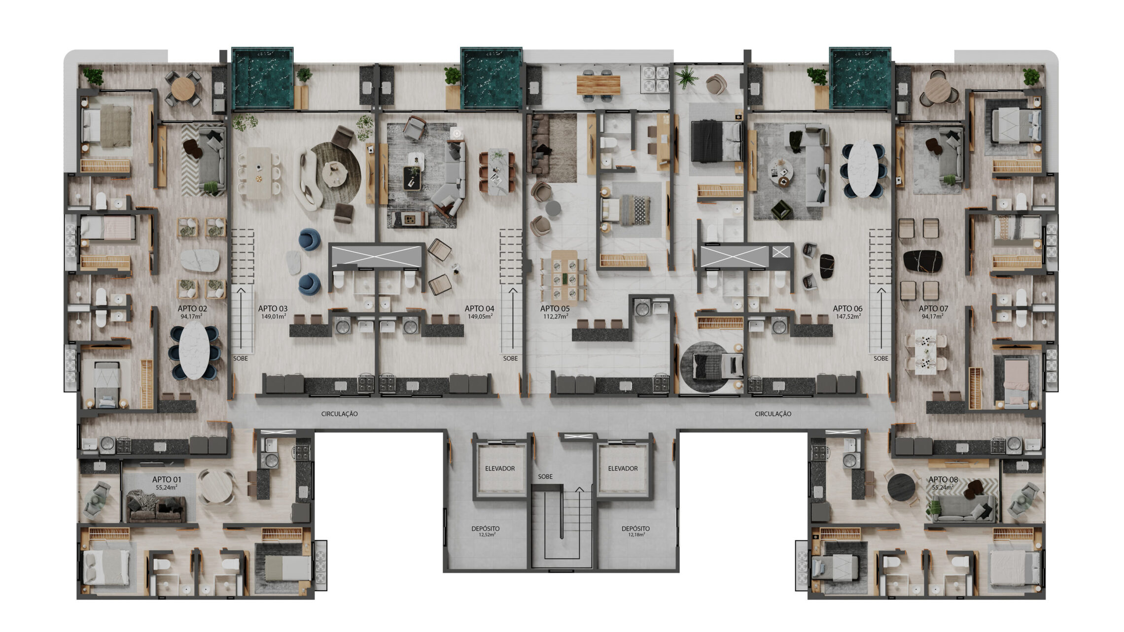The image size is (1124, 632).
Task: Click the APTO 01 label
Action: [x=167, y=479]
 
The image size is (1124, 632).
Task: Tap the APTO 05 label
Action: [x=555, y=309]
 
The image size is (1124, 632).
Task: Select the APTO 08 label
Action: [x=943, y=479]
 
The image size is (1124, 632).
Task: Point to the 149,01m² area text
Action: [x=274, y=317]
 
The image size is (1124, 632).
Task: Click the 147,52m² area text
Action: [x=848, y=317]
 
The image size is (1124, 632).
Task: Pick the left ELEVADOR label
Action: [x=500, y=468]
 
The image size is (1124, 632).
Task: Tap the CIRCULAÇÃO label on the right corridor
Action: [x=773, y=414]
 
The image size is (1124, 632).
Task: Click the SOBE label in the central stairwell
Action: [x=545, y=477]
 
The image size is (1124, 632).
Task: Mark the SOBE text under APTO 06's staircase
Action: [x=881, y=359]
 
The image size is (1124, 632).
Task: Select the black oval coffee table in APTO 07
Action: [x=922, y=261]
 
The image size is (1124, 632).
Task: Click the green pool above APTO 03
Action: [x=262, y=78]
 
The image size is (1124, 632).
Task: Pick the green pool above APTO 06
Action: [x=860, y=78]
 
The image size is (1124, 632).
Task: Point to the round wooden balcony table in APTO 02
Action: [x=183, y=89]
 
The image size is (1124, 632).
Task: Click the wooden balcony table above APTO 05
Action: [x=598, y=85]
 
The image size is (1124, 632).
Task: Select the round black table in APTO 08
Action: [x=901, y=487]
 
